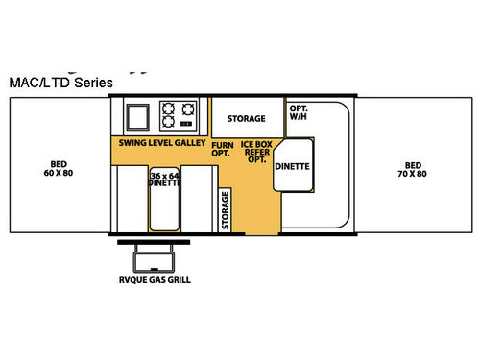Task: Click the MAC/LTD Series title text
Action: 60,83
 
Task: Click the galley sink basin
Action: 136,116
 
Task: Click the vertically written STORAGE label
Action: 227,207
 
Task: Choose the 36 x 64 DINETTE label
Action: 165,180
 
